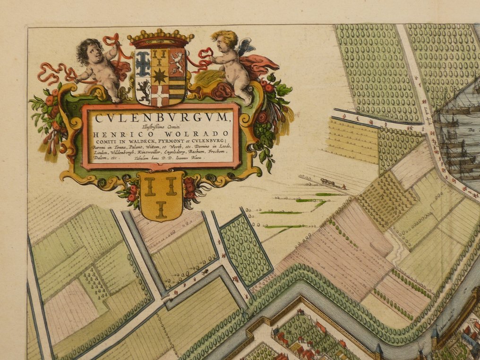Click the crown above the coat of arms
click(161, 38)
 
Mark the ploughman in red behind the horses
click(344, 187)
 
